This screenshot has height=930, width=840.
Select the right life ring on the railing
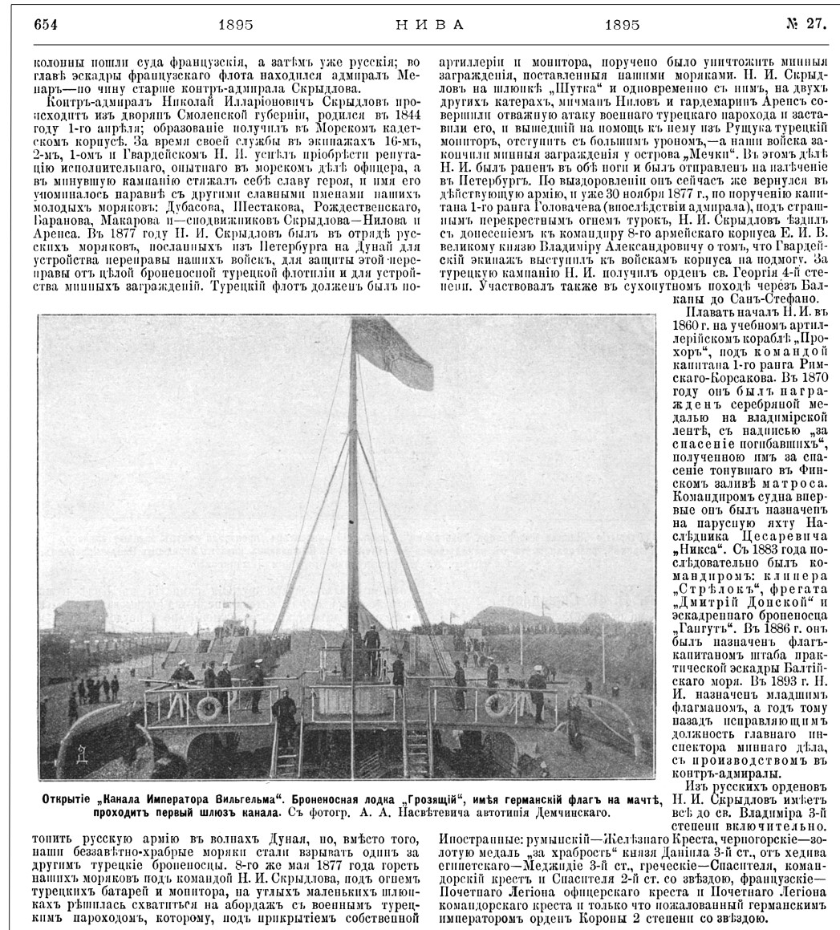tap(498, 705)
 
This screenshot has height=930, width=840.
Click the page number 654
tap(47, 24)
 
